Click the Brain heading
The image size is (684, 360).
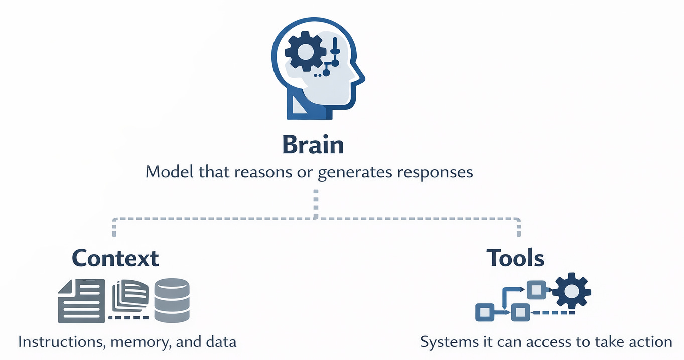(x=313, y=145)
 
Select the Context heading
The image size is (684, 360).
(x=115, y=258)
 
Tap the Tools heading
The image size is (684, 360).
(x=515, y=258)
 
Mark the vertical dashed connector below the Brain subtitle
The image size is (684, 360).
(x=316, y=204)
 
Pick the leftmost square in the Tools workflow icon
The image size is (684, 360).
(x=485, y=313)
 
